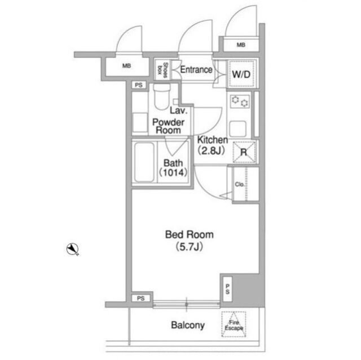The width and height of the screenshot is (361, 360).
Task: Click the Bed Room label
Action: tap(190, 234)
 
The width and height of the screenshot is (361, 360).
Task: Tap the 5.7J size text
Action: tap(190, 247)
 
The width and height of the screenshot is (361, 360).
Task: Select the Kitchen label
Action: tap(212, 140)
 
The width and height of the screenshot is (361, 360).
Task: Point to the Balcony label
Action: tap(188, 325)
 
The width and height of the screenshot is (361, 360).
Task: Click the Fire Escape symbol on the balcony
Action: tap(234, 325)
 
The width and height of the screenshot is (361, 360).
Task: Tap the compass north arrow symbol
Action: tap(73, 249)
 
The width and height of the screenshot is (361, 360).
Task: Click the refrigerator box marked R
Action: tap(244, 152)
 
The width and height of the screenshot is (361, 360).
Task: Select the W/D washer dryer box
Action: tap(241, 74)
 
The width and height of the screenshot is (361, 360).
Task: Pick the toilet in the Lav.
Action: tap(162, 96)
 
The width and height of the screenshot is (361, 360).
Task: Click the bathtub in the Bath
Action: tap(144, 162)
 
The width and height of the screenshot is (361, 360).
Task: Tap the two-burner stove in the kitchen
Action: tap(240, 101)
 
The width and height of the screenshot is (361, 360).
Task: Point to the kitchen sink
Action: tap(237, 129)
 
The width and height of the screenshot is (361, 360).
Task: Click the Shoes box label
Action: tap(162, 70)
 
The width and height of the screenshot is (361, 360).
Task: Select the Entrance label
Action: tap(196, 70)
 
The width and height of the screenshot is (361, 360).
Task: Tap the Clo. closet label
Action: tap(240, 184)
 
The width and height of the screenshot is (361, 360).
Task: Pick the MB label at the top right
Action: tap(241, 45)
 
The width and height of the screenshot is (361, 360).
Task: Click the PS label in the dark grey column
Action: tap(227, 289)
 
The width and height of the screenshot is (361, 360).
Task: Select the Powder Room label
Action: tap(168, 126)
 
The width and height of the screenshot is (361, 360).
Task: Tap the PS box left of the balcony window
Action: tap(140, 298)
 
